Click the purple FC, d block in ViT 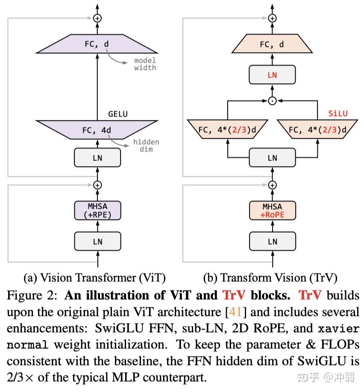97,44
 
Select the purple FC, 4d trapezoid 97,130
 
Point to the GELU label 118,114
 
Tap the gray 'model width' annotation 145,64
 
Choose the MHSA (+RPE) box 97,211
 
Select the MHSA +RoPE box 272,211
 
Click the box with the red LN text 272,75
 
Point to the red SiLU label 338,114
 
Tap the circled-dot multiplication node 272,101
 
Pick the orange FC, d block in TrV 272,44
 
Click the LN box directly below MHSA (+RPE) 97,241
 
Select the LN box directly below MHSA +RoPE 272,241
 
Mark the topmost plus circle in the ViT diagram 97,18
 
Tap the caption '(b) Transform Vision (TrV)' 270,278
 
